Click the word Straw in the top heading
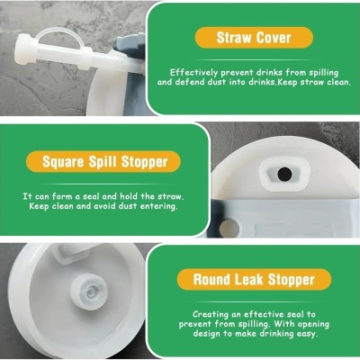pyautogui.click(x=234, y=38)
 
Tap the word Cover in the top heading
pyautogui.click(x=274, y=38)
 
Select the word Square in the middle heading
pyautogui.click(x=63, y=162)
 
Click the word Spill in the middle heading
pyautogui.click(x=103, y=162)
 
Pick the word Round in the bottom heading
pyautogui.click(x=212, y=279)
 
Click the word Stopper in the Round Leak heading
pyautogui.click(x=291, y=280)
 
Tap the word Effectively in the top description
pyautogui.click(x=193, y=73)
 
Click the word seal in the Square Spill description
pyautogui.click(x=91, y=196)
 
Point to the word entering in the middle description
pyautogui.click(x=159, y=206)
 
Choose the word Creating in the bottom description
pyautogui.click(x=211, y=314)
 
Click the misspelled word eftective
pyautogui.click(x=264, y=314)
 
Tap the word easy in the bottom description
pyautogui.click(x=308, y=334)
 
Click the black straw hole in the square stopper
pyautogui.click(x=284, y=174)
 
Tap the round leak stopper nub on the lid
pyautogui.click(x=88, y=290)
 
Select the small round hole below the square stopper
pyautogui.click(x=229, y=228)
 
